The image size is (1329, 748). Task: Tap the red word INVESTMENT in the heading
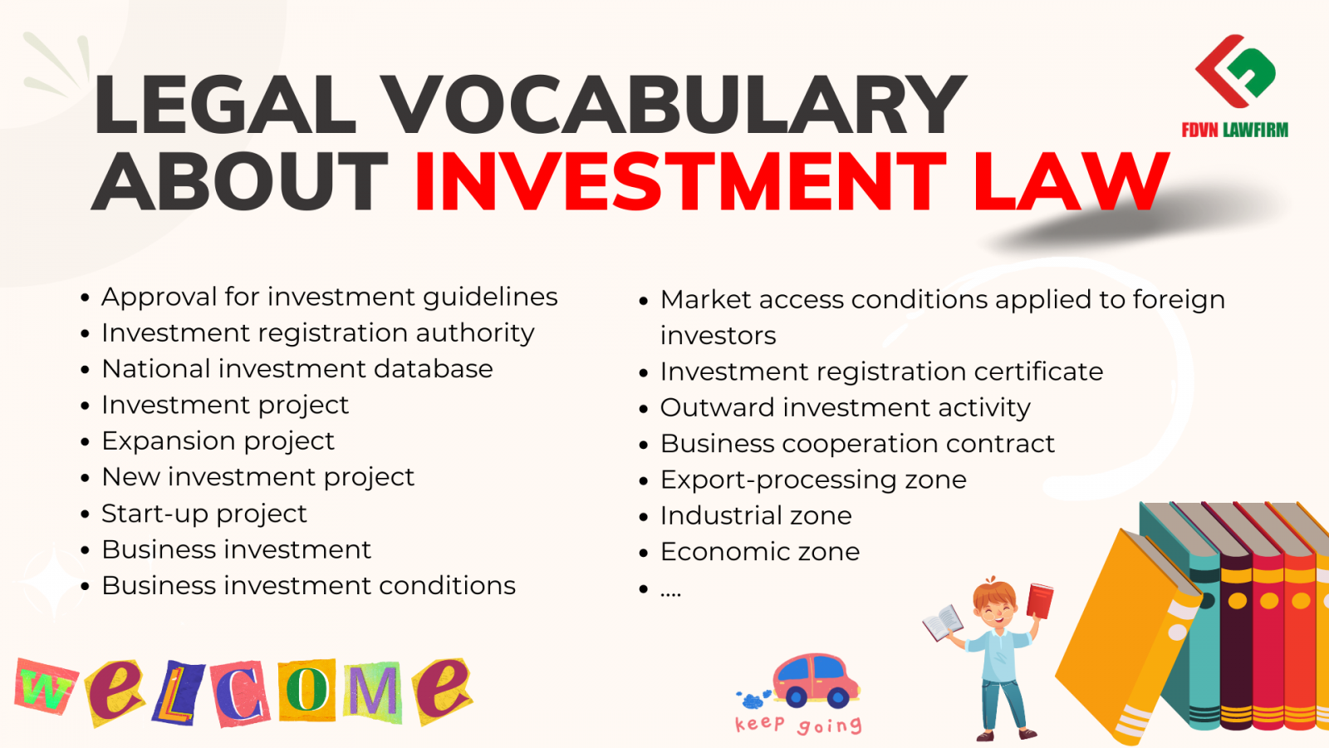680,181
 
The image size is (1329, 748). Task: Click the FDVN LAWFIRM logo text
1234,130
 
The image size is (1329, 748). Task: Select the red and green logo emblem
1234,71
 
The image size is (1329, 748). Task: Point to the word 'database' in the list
433,369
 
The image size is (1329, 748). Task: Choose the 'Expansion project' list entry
218,441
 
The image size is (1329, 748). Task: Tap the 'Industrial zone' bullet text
756,515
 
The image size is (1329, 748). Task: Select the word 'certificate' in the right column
1038,372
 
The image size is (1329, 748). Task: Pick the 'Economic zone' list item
760,552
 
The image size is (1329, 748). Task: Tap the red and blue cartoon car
816,681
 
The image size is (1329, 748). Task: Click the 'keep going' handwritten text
798,724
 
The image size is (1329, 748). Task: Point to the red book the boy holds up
1039,601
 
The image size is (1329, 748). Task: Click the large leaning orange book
1127,635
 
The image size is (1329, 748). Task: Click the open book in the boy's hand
944,623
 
